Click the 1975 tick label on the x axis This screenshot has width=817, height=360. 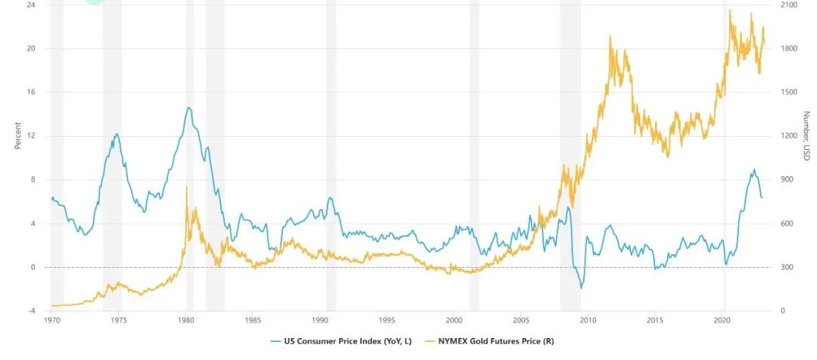tap(119, 321)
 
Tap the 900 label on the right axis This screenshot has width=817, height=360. tap(787, 180)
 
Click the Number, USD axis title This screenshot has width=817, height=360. tap(806, 136)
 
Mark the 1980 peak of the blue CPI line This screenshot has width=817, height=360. tap(188, 107)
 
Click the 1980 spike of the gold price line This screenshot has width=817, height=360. tap(186, 188)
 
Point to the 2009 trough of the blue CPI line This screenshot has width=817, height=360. tap(581, 288)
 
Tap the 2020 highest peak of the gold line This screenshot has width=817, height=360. tap(729, 10)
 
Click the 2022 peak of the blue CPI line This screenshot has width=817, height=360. tap(753, 169)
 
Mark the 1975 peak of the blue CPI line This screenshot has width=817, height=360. tap(116, 134)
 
